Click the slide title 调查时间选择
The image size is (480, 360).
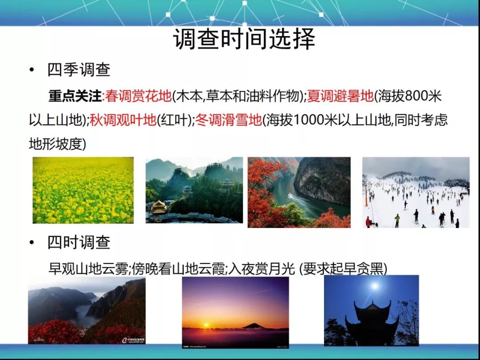pyautogui.click(x=244, y=39)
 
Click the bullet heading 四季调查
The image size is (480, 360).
pyautogui.click(x=79, y=70)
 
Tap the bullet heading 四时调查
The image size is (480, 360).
pyautogui.click(x=79, y=242)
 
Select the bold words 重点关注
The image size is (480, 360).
pyautogui.click(x=75, y=96)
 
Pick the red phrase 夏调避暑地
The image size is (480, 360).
pyautogui.click(x=340, y=96)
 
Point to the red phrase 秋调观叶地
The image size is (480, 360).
pyautogui.click(x=123, y=120)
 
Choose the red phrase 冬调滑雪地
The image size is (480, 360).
pyautogui.click(x=228, y=120)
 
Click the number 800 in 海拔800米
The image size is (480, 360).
pyautogui.click(x=416, y=96)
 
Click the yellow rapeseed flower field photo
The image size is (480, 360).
pyautogui.click(x=83, y=190)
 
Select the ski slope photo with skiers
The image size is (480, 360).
pyautogui.click(x=416, y=192)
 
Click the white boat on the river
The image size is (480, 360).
pyautogui.click(x=290, y=195)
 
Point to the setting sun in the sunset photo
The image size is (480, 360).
pyautogui.click(x=206, y=325)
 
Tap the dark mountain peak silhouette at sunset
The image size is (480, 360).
pyautogui.click(x=253, y=326)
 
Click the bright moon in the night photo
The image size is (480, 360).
pyautogui.click(x=374, y=286)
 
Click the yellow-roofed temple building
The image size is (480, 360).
pyautogui.click(x=159, y=207)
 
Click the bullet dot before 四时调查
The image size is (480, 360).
pyautogui.click(x=32, y=243)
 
